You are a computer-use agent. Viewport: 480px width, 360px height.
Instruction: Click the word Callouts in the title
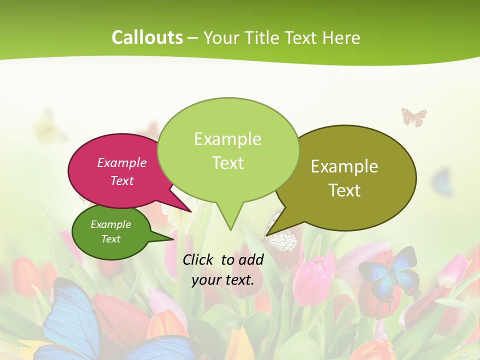tap(147, 37)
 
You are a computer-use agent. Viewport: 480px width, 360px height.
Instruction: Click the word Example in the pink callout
tap(122, 162)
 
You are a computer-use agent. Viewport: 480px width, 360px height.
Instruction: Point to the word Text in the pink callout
tap(122, 180)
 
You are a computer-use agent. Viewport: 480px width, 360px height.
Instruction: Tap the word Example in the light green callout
tap(227, 139)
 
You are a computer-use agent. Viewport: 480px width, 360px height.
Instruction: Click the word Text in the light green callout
tap(227, 163)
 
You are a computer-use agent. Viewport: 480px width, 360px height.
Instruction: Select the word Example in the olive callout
tap(344, 166)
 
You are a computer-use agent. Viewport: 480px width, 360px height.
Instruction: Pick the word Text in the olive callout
tap(344, 190)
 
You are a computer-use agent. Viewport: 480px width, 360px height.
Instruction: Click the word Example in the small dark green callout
tap(111, 224)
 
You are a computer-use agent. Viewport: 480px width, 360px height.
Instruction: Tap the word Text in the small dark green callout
tap(111, 239)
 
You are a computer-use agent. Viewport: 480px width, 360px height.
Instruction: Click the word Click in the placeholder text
tap(199, 259)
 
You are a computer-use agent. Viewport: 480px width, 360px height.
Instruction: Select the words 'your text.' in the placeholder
tap(223, 280)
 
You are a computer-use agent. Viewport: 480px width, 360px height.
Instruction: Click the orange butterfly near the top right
tap(414, 117)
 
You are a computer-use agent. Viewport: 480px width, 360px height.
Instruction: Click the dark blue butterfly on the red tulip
tap(389, 272)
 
